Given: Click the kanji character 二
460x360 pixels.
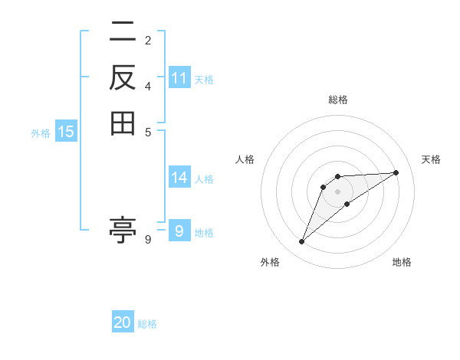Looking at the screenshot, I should point(123,32).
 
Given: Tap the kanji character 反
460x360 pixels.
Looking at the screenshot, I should point(123,77).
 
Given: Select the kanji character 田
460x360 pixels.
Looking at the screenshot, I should point(123,123).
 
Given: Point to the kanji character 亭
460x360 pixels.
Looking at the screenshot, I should point(123,230).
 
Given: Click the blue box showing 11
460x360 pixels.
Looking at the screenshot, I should point(179,77).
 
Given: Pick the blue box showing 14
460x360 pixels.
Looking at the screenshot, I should point(179,178).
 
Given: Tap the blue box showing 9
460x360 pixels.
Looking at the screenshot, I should point(179,231).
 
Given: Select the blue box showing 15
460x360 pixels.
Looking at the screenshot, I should point(66,132).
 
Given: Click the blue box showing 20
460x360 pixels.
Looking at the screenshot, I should point(123,322).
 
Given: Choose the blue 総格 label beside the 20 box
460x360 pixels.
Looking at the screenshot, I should point(147,324).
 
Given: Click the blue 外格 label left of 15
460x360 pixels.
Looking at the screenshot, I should point(41,133).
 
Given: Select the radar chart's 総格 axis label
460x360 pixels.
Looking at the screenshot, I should point(337,100).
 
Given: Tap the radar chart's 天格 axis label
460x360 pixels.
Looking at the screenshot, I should point(432,159).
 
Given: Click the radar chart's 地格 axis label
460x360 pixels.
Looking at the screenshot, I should point(402,262).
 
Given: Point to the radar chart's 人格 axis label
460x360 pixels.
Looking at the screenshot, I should point(245,159).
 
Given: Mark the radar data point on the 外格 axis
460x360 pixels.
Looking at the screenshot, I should point(302,242).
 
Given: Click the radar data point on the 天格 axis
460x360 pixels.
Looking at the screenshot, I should point(396,172).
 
